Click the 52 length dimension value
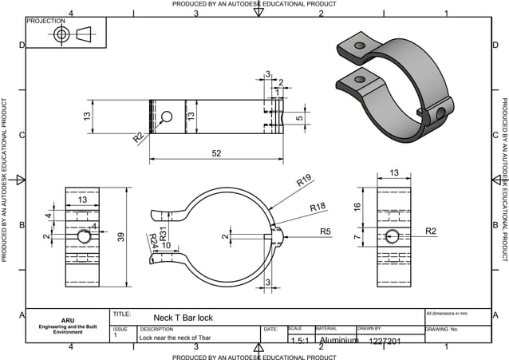(x=216, y=154)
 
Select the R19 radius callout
(x=304, y=181)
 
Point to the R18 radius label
(x=318, y=207)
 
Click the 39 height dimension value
(x=120, y=238)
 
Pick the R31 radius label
(x=163, y=235)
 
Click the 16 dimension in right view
(x=357, y=207)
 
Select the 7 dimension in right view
(x=357, y=239)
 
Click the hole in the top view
(x=166, y=117)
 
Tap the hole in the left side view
(x=83, y=237)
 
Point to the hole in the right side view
(x=392, y=235)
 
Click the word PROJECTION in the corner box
(x=46, y=22)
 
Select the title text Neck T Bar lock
(x=183, y=317)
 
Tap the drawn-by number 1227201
(x=385, y=341)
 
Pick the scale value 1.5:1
(x=300, y=341)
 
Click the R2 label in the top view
(x=139, y=137)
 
